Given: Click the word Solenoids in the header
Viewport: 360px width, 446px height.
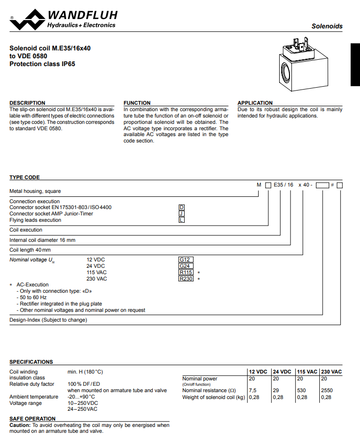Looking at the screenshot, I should coord(327,26).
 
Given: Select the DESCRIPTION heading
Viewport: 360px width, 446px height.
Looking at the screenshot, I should coord(27,103).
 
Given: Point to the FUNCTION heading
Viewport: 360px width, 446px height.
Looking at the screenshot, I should coord(137,103).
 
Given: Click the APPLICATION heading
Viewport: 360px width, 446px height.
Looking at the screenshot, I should coord(255,103).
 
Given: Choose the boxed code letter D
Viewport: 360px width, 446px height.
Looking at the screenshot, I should coord(182,208).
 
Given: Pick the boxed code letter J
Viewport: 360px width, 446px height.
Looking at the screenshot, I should coord(182,213).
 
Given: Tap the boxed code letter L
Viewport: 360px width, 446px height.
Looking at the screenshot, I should coord(182,220).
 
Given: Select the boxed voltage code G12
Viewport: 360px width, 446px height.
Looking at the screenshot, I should coord(186,259).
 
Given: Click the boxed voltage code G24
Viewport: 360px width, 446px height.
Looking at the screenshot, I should coord(186,266).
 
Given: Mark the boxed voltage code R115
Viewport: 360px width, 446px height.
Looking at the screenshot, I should coord(186,272).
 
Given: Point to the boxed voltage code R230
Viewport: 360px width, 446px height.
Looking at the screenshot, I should coord(186,279).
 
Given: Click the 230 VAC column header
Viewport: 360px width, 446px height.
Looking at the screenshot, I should coord(331,372).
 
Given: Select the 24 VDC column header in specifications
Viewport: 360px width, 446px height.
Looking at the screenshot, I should coord(282,372).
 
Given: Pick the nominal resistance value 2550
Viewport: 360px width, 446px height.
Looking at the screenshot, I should coord(327,390).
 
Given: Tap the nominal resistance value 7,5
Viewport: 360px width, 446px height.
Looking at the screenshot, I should coord(253,390).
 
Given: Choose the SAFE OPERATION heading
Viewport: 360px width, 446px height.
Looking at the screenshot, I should coord(33,419).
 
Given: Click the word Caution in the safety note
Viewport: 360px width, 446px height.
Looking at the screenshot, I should coord(21,425).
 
